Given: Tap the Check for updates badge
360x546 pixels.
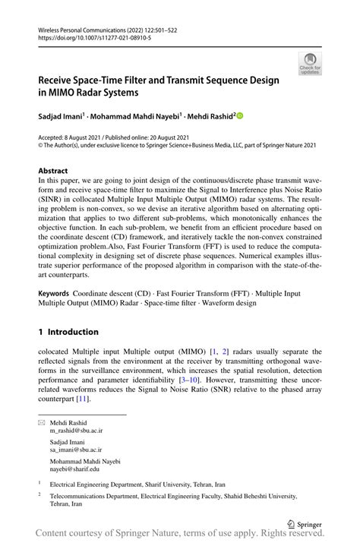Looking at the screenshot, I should pyautogui.click(x=309, y=64).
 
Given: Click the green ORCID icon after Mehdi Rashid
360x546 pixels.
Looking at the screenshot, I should pyautogui.click(x=240, y=116).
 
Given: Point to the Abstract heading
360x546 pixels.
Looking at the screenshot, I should pyautogui.click(x=52, y=171).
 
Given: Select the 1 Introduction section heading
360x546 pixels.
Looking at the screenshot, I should pyautogui.click(x=68, y=332).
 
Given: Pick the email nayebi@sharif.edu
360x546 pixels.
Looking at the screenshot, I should pyautogui.click(x=74, y=469).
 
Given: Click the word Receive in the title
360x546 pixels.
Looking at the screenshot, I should pyautogui.click(x=59, y=80).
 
